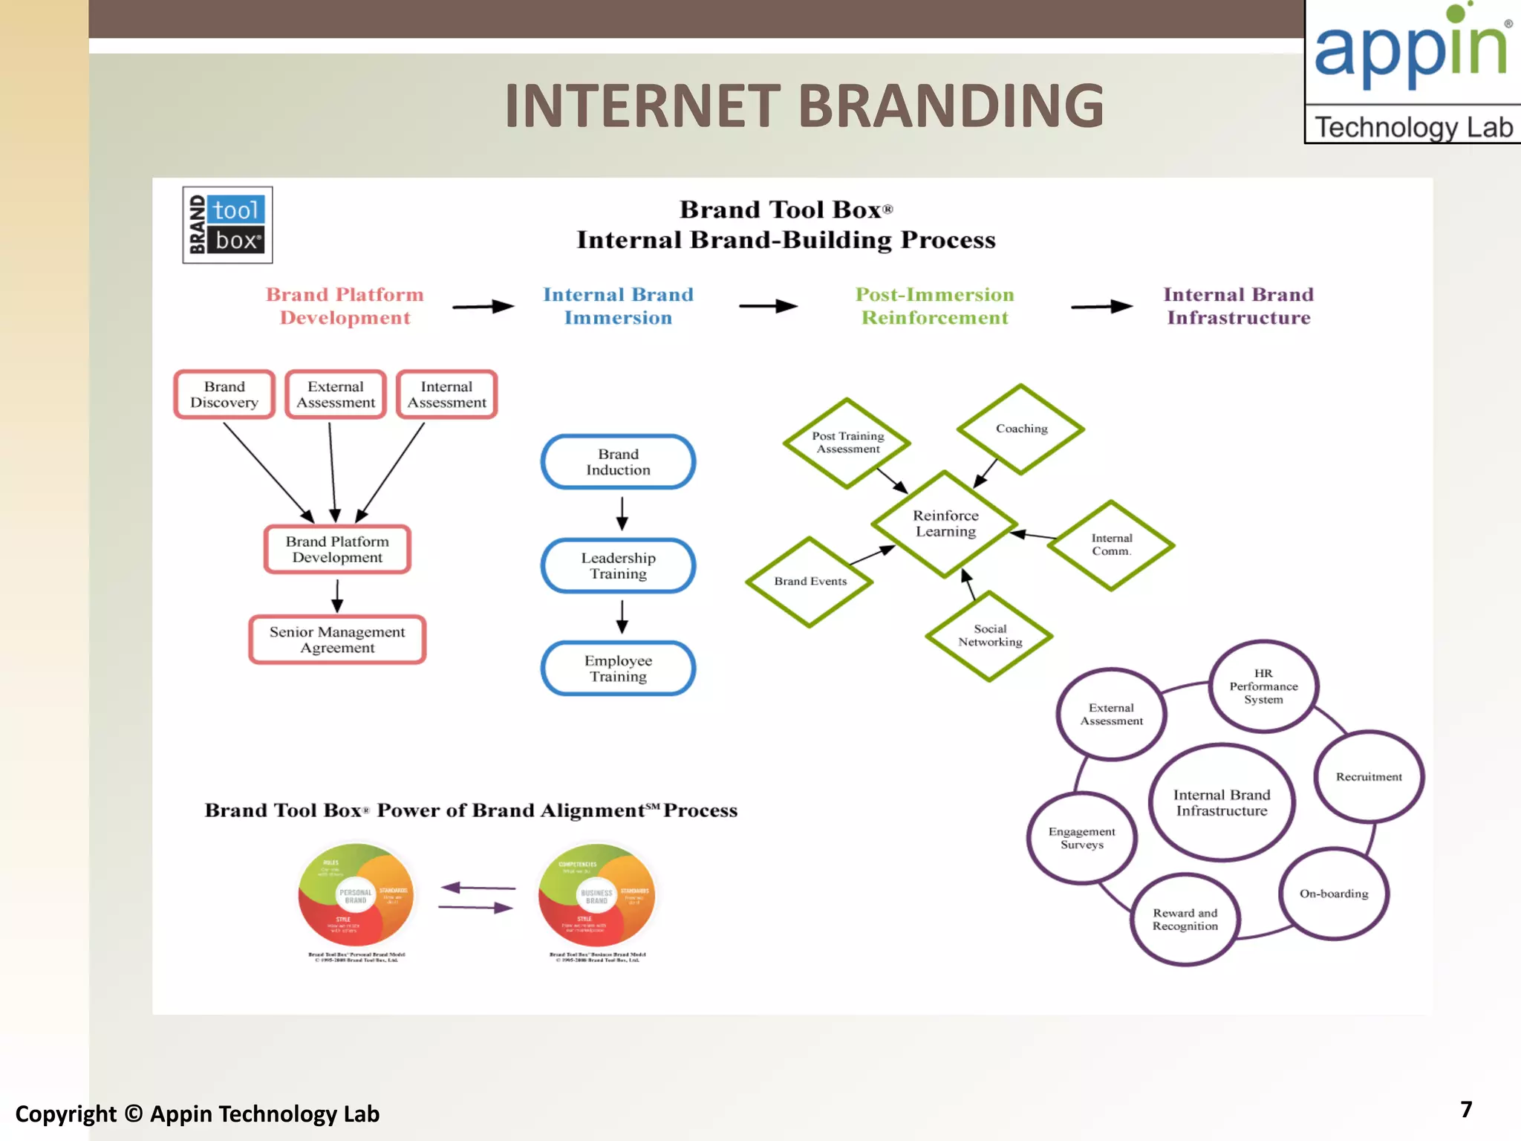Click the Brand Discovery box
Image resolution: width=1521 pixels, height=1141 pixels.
coord(224,394)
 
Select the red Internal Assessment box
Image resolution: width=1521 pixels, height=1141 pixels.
coord(446,394)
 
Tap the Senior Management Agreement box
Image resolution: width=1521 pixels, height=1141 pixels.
coord(337,640)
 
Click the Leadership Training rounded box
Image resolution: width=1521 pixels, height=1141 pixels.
coord(618,565)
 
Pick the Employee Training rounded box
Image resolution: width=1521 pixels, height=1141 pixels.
coord(618,668)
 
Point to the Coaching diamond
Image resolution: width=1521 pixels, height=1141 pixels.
coord(1021,429)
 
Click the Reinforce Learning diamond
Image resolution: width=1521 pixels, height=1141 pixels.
coord(945,524)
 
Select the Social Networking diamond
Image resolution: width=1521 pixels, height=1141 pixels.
coord(989,636)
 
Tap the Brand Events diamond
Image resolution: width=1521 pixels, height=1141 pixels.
coord(810,582)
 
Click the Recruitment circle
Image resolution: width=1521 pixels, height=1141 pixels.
coord(1369,776)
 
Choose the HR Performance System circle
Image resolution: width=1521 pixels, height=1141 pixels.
coord(1263,686)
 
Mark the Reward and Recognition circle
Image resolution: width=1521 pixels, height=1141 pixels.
coord(1185,920)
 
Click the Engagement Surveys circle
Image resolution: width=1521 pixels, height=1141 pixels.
coord(1081,838)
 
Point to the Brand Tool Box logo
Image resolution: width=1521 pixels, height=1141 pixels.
coord(227,225)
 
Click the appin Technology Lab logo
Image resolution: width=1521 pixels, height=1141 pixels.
coord(1413,72)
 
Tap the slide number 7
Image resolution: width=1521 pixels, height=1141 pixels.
coord(1466,1109)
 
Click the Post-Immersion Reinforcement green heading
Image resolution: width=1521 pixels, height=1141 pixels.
coord(934,306)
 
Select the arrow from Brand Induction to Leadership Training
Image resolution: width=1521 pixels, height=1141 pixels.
coord(622,513)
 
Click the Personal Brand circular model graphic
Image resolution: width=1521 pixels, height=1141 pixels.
coord(356,894)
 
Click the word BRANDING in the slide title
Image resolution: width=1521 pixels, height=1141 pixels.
coord(951,105)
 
